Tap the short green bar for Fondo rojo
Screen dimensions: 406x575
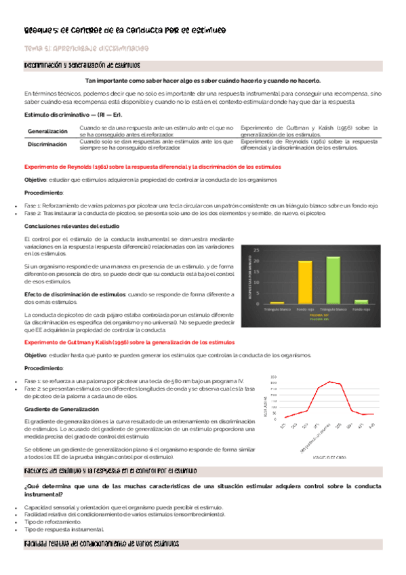coord(361,300)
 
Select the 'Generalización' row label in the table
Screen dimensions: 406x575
coord(47,131)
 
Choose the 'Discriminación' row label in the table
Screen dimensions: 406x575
coord(47,144)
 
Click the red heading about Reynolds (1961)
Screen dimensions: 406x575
coord(153,166)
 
